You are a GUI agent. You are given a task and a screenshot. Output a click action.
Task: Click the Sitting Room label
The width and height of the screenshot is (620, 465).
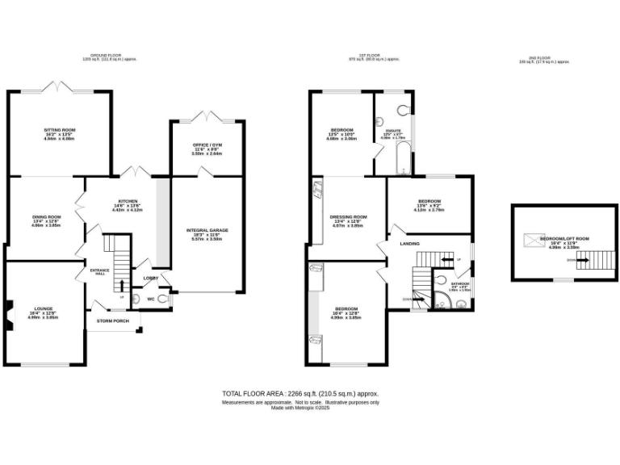tap(59, 129)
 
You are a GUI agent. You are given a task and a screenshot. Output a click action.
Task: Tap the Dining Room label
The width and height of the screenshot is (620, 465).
tap(48, 217)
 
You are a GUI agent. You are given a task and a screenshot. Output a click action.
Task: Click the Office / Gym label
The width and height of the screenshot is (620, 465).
tap(205, 145)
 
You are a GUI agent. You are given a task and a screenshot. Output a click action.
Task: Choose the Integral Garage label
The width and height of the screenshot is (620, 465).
tap(207, 230)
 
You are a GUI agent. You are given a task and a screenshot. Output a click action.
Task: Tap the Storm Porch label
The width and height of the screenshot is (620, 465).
tap(114, 320)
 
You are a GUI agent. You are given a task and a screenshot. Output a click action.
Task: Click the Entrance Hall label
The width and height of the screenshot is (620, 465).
tap(99, 270)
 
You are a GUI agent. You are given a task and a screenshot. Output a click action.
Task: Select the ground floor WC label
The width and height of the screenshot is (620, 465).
tap(151, 299)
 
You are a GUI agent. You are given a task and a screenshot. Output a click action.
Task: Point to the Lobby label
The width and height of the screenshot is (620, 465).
tap(150, 279)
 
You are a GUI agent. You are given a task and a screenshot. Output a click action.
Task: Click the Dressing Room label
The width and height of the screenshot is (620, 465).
tap(349, 217)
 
